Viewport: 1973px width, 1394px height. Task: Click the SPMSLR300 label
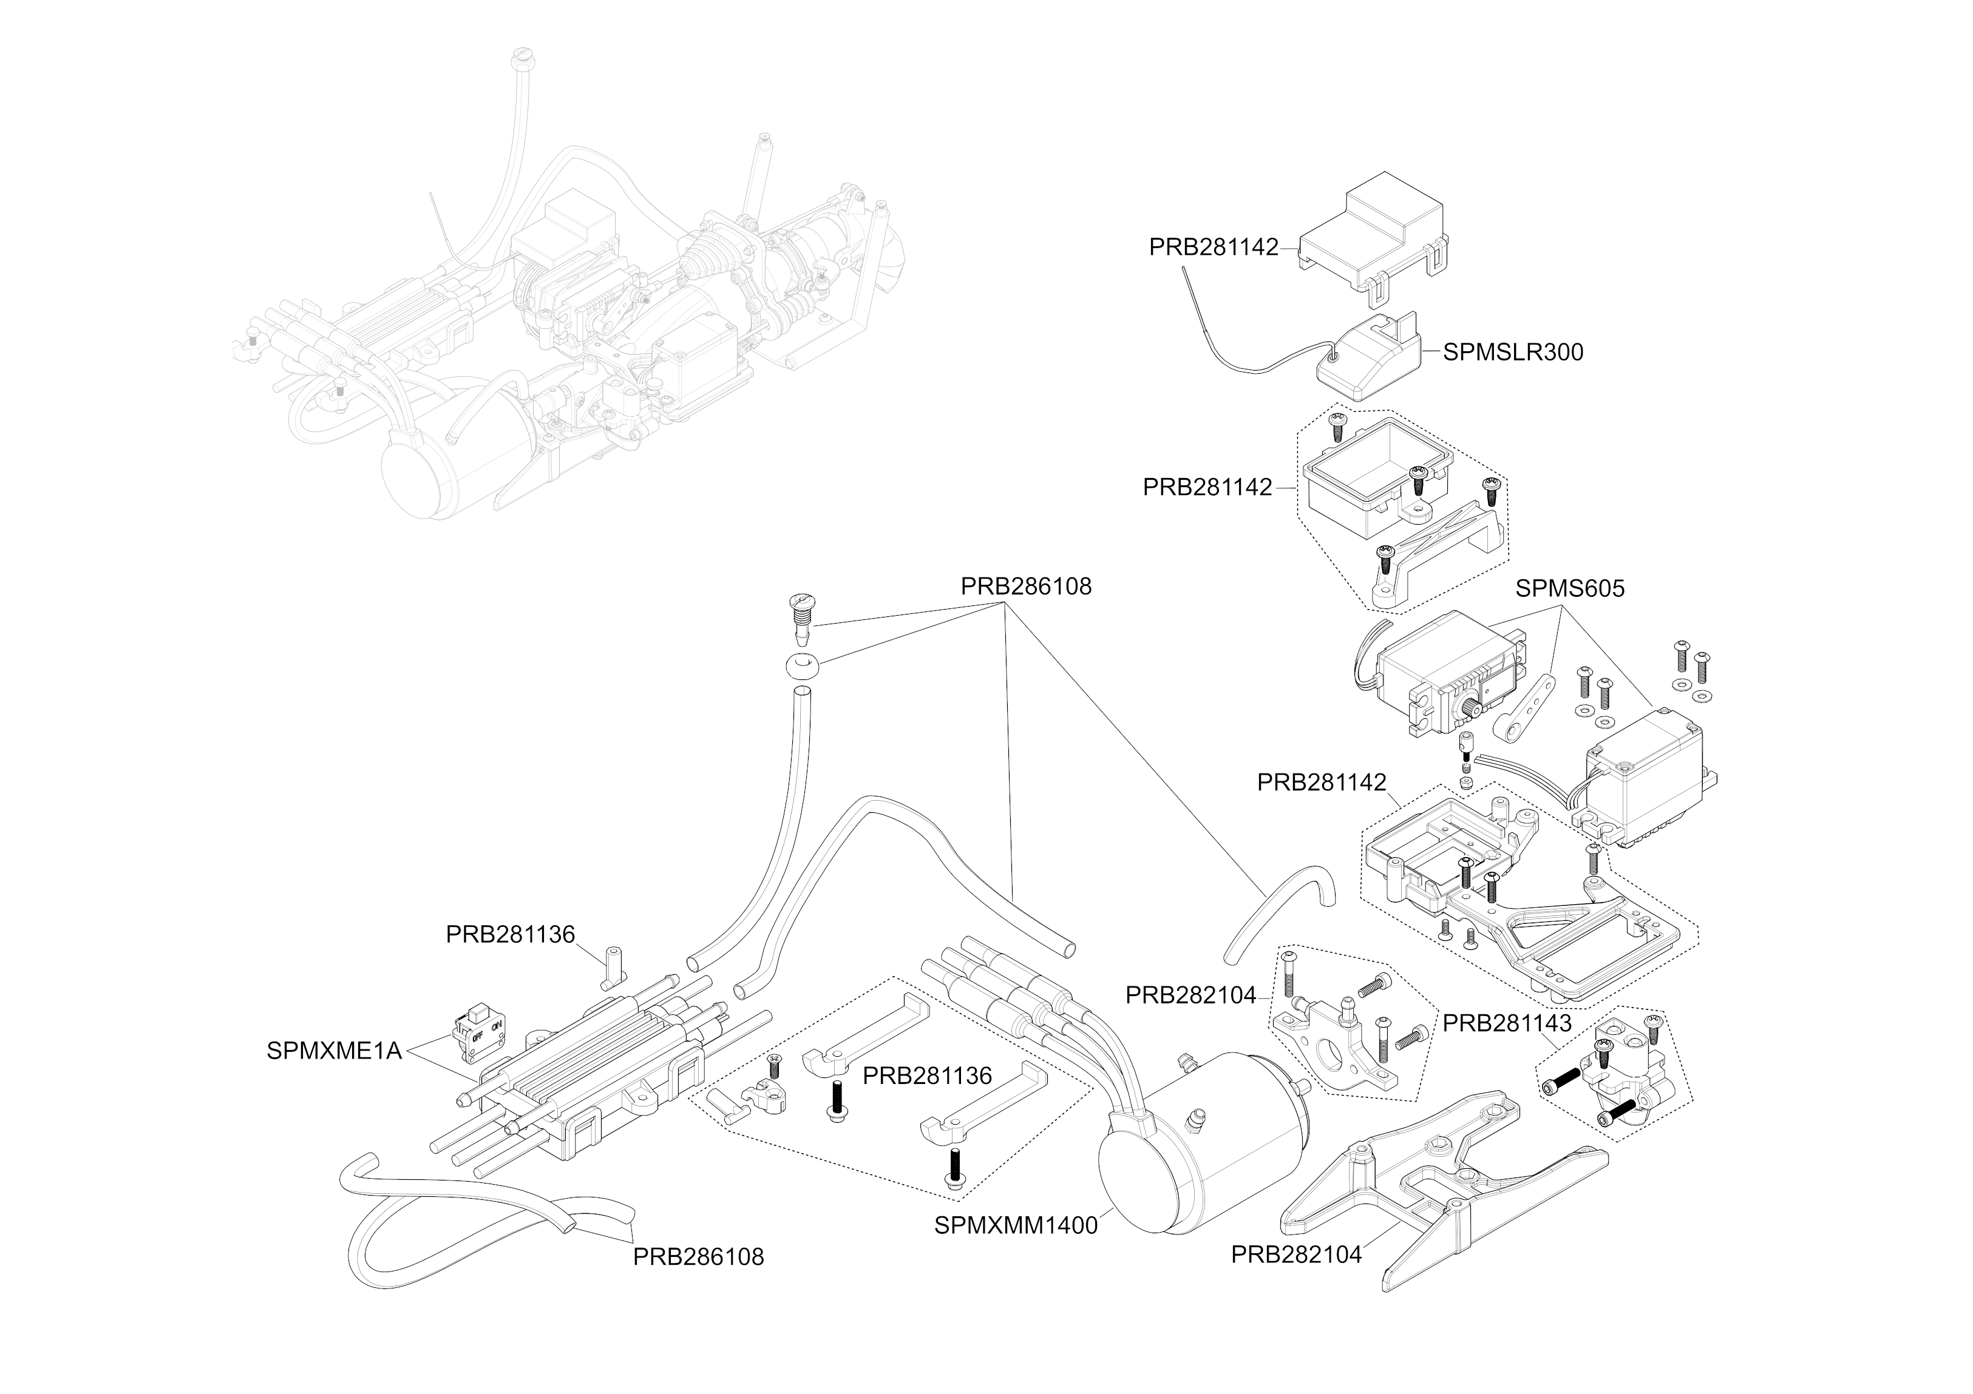tap(1512, 352)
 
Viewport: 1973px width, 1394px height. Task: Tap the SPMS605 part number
tap(1570, 588)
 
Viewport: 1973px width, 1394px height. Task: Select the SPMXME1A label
tap(334, 1051)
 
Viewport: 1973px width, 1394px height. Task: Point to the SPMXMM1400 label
tap(1016, 1225)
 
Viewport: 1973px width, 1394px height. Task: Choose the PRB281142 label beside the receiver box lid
tap(1214, 247)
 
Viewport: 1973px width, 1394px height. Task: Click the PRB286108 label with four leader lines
tap(1026, 586)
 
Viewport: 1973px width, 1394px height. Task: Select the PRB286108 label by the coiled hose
tap(698, 1256)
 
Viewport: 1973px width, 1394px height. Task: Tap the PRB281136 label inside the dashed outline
tap(927, 1076)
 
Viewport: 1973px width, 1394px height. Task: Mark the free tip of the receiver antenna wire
tap(1183, 269)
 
